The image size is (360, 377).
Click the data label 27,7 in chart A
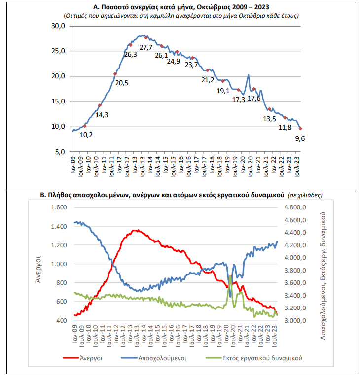(146, 47)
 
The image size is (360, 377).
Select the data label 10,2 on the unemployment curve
(86, 134)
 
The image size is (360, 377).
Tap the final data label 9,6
(300, 139)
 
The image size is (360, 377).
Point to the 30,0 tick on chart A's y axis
(58, 26)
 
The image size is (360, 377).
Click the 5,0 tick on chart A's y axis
(60, 152)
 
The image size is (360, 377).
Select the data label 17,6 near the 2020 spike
(254, 98)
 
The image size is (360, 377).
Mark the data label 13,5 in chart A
(270, 119)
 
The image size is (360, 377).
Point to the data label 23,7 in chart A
(191, 65)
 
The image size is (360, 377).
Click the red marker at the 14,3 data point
(100, 105)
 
